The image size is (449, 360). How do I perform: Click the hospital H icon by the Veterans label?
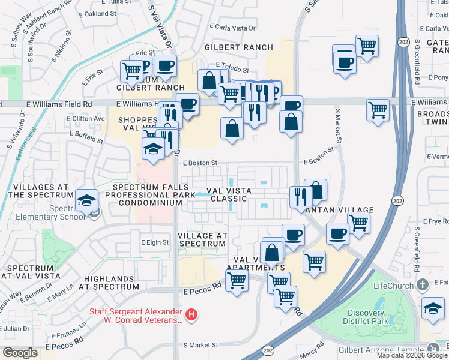pos(191,314)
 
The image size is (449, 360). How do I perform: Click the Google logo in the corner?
pos(20,353)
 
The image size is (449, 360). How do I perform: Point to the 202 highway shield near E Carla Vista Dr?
pos(402,41)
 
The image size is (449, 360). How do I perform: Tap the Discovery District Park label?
pos(366,316)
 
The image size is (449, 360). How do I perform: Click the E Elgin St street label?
pos(155,242)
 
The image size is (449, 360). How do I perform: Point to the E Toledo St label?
pos(229,70)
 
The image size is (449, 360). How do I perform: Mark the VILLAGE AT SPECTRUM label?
pos(203,239)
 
